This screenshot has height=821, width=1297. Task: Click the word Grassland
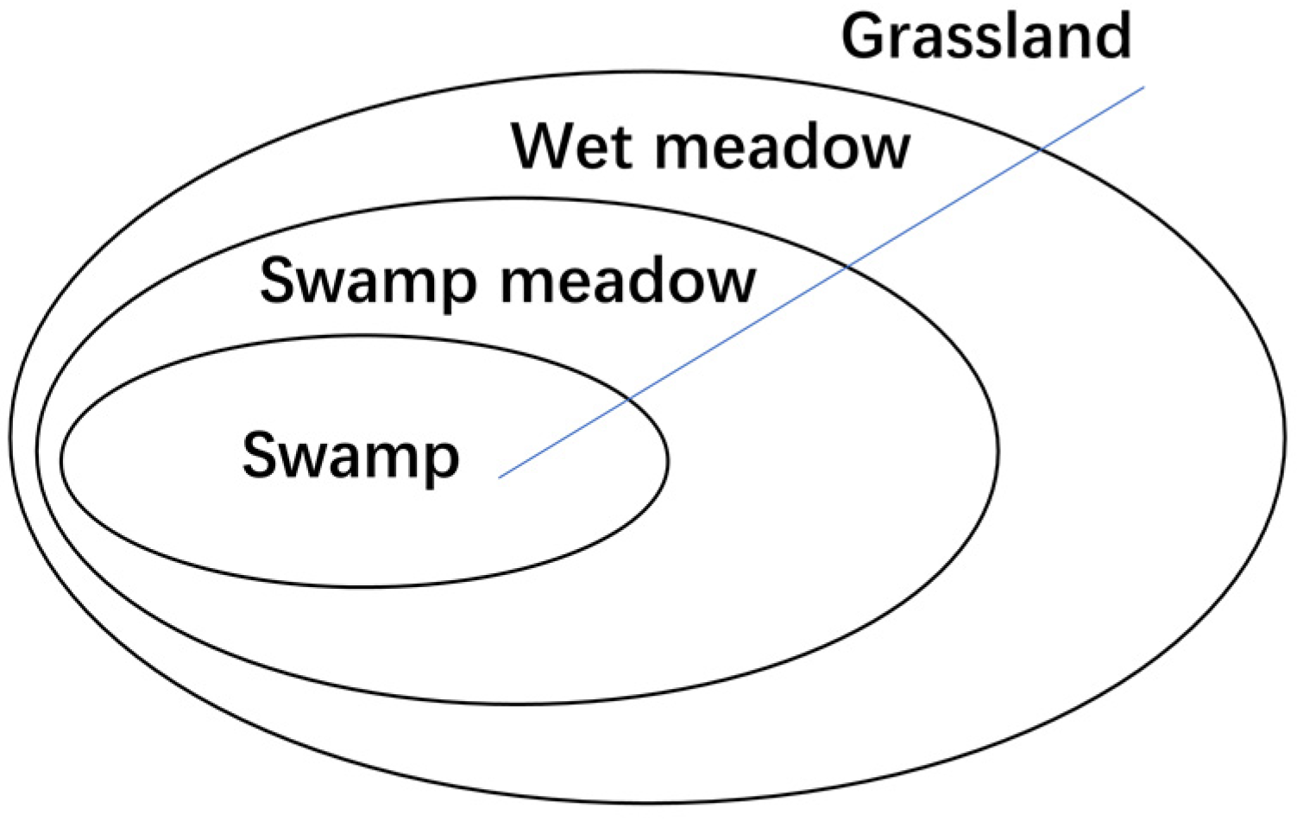click(x=986, y=36)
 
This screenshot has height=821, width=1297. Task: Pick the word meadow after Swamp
click(x=628, y=281)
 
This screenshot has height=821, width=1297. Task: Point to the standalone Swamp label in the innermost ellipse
click(x=350, y=457)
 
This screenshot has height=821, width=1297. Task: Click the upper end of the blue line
click(x=1143, y=86)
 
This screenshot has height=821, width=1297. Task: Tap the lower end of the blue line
click(x=500, y=477)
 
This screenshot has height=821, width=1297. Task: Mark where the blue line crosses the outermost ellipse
click(x=1041, y=149)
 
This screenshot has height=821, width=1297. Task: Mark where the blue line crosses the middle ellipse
click(x=848, y=266)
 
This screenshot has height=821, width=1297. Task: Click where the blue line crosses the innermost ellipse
click(x=630, y=398)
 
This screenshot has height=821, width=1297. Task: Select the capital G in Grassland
click(x=866, y=36)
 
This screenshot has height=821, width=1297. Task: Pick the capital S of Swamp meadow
click(x=282, y=281)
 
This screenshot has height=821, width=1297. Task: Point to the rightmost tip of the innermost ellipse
click(x=668, y=461)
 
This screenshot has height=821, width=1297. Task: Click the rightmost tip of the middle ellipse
click(x=999, y=449)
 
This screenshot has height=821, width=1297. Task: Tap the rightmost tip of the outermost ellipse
click(x=1285, y=436)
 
